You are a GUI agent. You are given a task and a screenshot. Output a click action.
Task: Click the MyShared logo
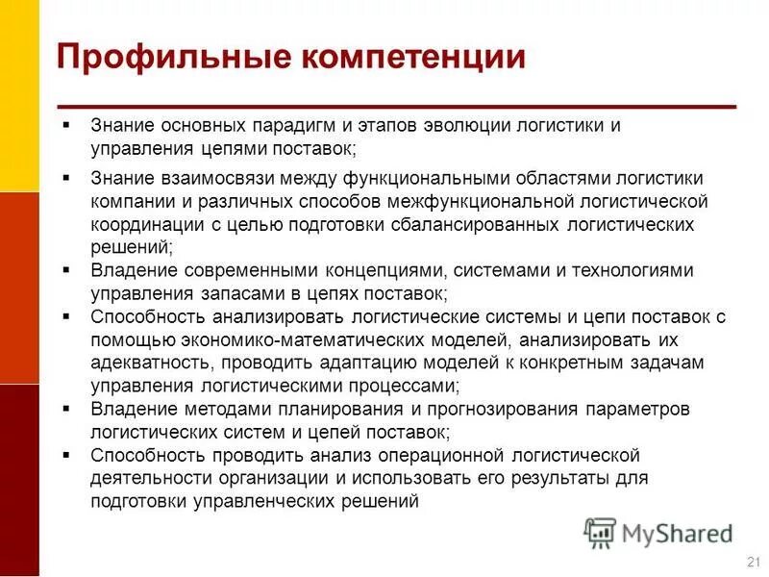[x=657, y=532]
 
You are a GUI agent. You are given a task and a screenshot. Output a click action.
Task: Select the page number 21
[x=753, y=562]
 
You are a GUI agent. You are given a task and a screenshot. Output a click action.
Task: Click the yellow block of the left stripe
[x=19, y=96]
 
